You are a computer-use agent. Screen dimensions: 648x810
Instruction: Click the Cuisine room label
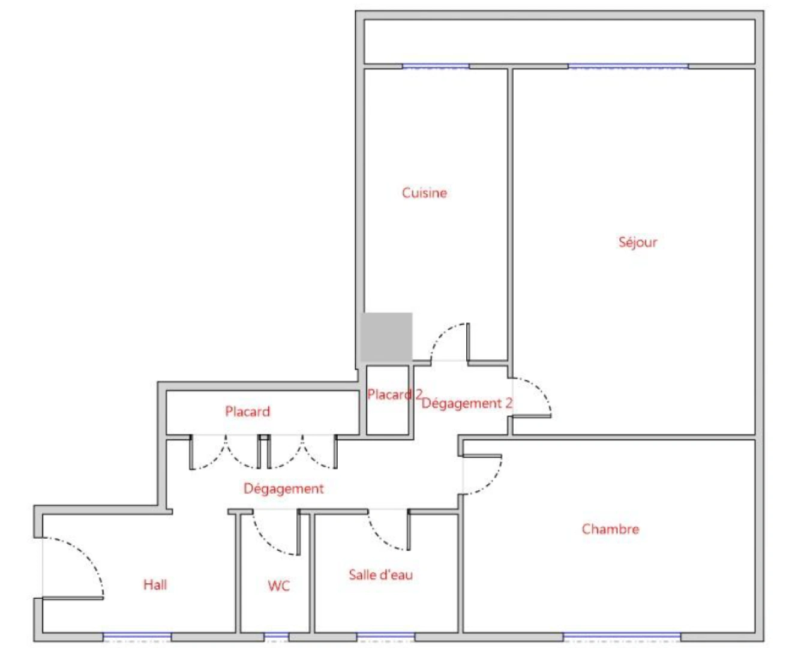(x=424, y=193)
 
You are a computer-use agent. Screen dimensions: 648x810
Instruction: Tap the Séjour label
(x=638, y=242)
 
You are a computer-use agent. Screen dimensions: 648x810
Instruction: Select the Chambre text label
(x=610, y=529)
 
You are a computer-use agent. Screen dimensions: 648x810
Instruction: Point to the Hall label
(x=155, y=584)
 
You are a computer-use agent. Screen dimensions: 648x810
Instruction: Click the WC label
(x=278, y=586)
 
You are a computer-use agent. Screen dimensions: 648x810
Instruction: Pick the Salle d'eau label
(x=380, y=575)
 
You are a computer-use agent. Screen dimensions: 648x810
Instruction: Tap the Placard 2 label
(x=394, y=394)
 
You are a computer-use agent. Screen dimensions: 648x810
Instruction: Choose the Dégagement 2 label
(x=467, y=403)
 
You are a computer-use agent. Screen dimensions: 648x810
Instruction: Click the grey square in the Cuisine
(x=386, y=337)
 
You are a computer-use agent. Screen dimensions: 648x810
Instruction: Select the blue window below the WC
(x=276, y=635)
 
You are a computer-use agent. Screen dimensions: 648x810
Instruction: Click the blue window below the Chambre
(x=622, y=635)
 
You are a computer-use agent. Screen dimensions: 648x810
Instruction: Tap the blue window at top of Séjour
(x=628, y=65)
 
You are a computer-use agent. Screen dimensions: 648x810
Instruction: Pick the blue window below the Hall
(x=137, y=635)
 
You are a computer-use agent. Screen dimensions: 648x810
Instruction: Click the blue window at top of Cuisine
(x=435, y=65)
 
